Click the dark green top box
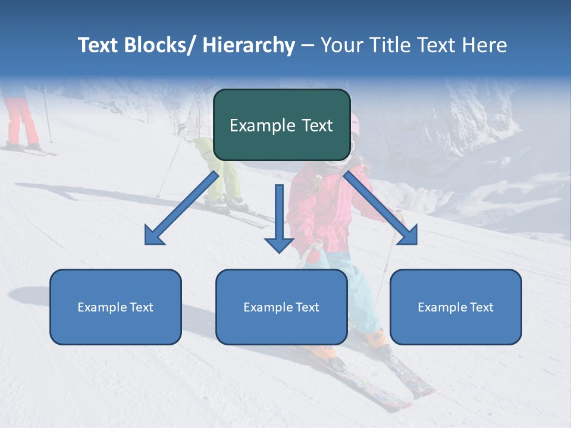point(281,125)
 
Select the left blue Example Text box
point(115,307)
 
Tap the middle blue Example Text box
point(281,307)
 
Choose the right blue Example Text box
point(456,307)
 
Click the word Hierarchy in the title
point(249,45)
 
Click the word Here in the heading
point(485,45)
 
